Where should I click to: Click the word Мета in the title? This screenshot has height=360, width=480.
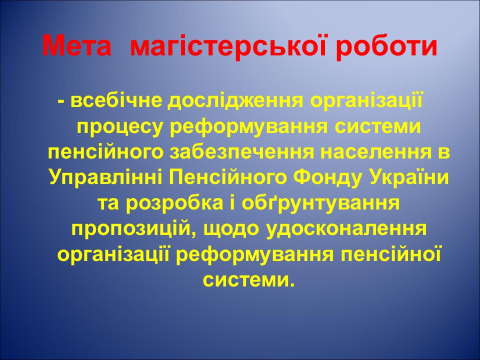(x=76, y=46)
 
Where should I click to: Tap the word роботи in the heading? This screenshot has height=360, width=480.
(x=385, y=46)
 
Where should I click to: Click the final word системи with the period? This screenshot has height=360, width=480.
(x=248, y=280)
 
